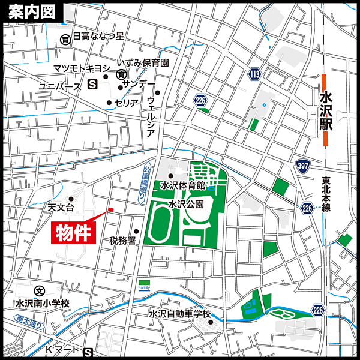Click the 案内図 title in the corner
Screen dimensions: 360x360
pos(30,11)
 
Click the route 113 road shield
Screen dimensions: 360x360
pos(254,74)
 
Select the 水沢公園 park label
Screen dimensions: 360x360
pos(185,204)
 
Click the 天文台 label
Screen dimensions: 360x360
pos(61,208)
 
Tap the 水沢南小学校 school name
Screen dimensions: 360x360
pos(43,304)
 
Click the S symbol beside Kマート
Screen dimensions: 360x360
pos(89,352)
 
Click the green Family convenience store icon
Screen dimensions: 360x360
pos(144,283)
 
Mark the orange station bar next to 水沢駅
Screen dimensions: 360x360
pos(325,111)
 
